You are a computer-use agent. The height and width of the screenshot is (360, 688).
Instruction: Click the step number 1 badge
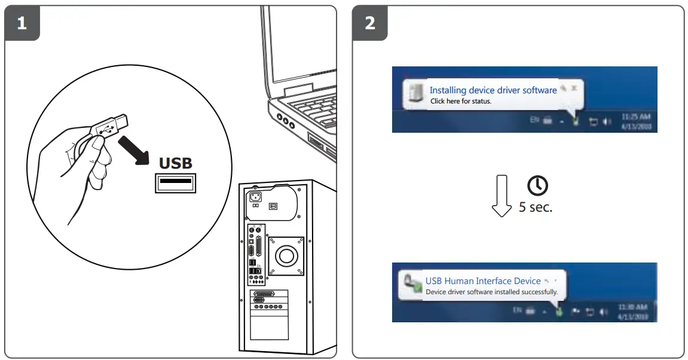(x=22, y=24)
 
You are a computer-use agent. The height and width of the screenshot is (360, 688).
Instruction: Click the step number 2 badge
(x=370, y=24)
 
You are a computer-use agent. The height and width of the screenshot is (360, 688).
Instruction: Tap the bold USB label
(x=175, y=163)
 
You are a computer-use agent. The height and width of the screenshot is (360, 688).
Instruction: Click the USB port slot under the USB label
(x=175, y=183)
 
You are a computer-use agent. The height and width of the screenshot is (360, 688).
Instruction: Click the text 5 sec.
(x=535, y=208)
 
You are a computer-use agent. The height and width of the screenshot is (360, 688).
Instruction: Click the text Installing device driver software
(x=493, y=90)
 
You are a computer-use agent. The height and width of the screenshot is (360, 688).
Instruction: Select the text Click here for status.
(x=460, y=102)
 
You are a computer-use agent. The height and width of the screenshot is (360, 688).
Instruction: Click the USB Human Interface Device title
(x=482, y=280)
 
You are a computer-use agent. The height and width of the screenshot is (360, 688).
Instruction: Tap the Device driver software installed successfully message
(x=491, y=292)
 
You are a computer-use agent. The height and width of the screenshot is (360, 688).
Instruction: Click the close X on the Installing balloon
(x=574, y=88)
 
